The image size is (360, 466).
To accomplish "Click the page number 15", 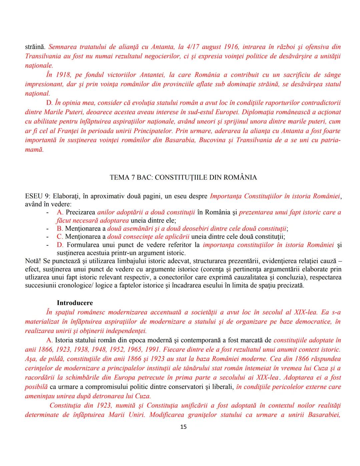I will pyautogui.click(x=183, y=427).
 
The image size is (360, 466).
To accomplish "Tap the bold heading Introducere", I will pyautogui.click(x=75, y=303).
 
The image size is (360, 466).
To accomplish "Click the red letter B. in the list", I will pyautogui.click(x=60, y=228).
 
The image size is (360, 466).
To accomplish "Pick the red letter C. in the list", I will pyautogui.click(x=60, y=237).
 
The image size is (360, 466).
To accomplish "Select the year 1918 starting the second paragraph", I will pyautogui.click(x=63, y=75).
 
